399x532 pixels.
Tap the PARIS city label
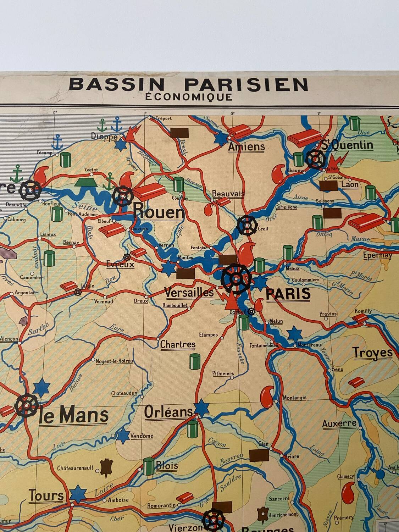point(288,294)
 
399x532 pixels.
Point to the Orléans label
point(168,412)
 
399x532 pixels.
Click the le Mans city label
point(73,416)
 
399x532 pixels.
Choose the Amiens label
point(246,146)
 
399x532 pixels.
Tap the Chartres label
point(178,344)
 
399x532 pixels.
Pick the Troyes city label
point(373,353)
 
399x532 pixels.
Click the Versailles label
point(189,292)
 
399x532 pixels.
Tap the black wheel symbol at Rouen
point(123,196)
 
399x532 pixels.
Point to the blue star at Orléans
point(201,408)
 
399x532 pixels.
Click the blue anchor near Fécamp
point(57,142)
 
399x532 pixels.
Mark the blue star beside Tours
point(78,494)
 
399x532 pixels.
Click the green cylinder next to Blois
point(149,466)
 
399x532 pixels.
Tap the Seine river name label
point(81,205)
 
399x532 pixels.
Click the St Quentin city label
point(347,145)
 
